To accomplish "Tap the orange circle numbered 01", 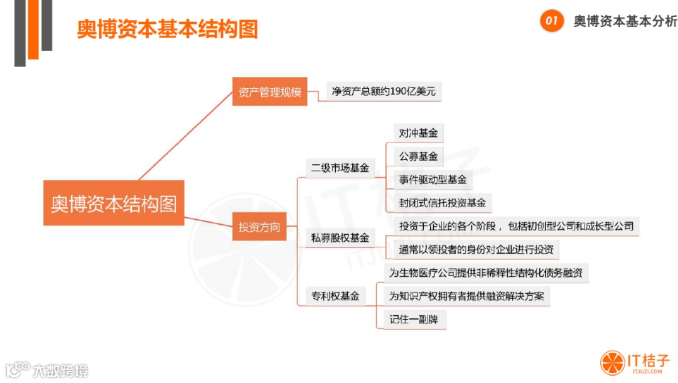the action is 552,21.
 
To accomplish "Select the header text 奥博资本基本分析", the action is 625,21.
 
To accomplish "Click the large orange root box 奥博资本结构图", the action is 114,203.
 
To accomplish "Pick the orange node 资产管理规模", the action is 270,92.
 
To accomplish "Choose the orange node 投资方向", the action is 259,227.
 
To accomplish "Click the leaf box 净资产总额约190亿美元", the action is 383,92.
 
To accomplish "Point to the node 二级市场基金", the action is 340,168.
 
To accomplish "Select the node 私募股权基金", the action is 340,238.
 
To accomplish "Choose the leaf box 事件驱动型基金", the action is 433,180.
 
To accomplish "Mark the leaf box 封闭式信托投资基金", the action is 442,203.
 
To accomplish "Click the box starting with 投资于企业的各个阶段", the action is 516,226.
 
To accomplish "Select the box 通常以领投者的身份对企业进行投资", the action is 476,249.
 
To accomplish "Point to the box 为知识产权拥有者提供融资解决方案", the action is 466,296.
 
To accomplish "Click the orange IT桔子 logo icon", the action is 612,363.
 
